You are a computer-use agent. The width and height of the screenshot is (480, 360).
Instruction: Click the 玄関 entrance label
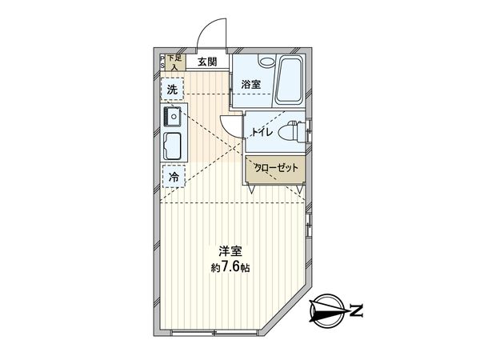click(x=207, y=62)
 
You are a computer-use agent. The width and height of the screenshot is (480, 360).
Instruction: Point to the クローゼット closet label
click(x=276, y=168)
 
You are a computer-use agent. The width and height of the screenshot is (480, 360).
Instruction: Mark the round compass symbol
click(x=329, y=309)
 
